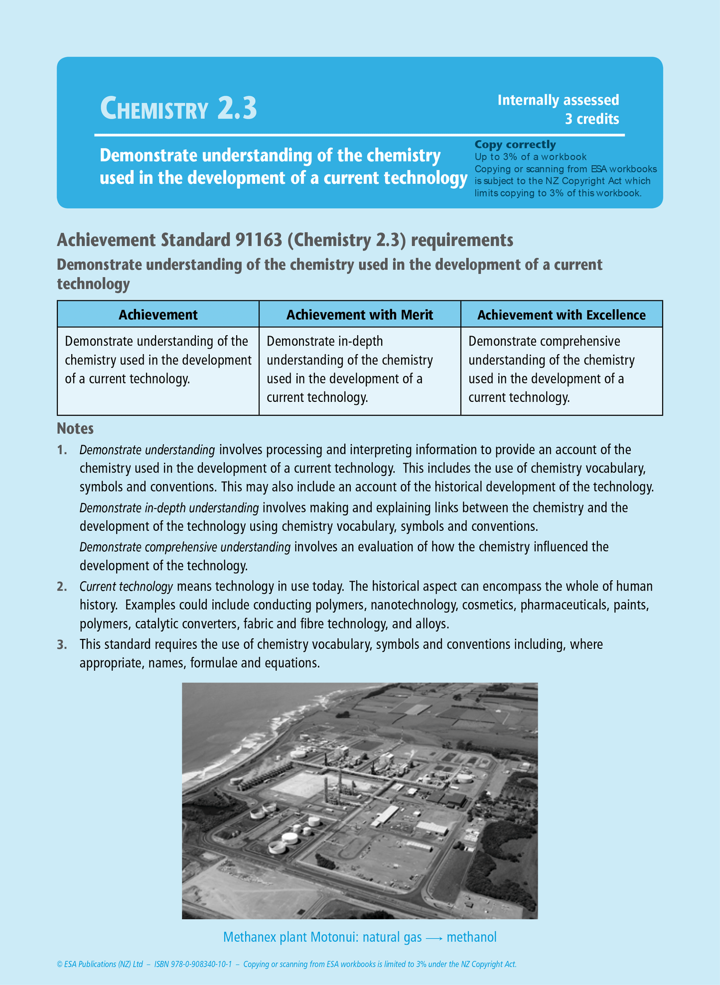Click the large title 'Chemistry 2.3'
[178, 108]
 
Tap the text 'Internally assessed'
[558, 100]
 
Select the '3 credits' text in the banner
[591, 119]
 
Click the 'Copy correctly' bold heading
[515, 144]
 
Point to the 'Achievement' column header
[158, 315]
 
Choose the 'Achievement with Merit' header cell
[360, 315]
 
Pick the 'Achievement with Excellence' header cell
[562, 315]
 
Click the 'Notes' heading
[75, 428]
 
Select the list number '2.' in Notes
[62, 587]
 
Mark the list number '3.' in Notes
[62, 644]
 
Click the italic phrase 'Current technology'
[126, 587]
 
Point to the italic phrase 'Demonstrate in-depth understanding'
[169, 508]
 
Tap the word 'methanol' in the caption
[471, 937]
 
